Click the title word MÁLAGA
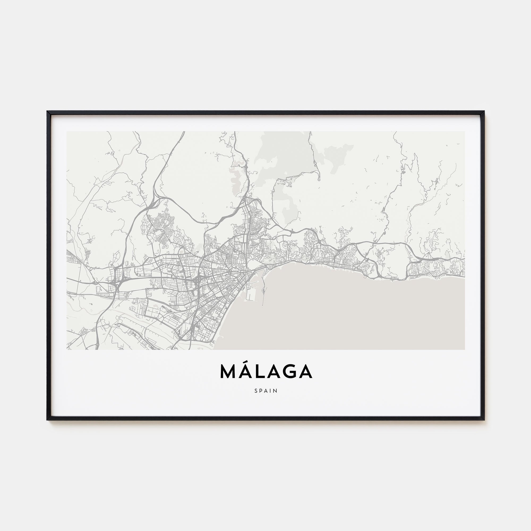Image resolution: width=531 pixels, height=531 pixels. coord(266,371)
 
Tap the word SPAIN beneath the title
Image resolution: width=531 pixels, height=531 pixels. coord(266,391)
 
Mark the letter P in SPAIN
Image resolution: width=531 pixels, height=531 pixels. coord(261,391)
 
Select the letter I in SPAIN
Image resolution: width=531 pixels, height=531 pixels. coord(271,391)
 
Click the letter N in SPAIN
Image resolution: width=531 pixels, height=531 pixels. coord(276,391)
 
